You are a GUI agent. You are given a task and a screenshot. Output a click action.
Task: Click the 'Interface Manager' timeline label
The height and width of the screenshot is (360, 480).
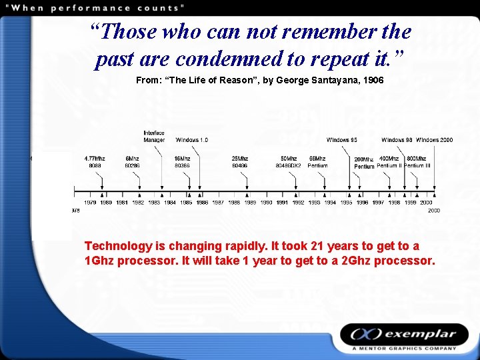pos(154,136)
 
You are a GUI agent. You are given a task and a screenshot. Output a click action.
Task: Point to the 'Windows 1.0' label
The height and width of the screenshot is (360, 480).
pos(192,140)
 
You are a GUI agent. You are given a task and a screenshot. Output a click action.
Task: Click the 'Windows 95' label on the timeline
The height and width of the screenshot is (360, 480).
pos(342,140)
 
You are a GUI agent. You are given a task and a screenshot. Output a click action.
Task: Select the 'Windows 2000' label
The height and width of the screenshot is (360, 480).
pos(435,140)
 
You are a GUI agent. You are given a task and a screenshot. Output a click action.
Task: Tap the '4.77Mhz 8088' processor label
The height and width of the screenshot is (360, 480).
pos(95,162)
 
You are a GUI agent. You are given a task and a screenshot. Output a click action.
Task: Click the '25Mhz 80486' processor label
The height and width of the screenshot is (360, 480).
pos(240,162)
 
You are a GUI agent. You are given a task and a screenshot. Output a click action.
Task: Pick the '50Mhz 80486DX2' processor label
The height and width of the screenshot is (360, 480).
pos(289,162)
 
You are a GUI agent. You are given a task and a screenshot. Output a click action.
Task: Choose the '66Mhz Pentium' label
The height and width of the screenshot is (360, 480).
pos(317,162)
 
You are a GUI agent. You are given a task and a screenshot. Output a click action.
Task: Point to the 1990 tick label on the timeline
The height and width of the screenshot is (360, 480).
pos(266,202)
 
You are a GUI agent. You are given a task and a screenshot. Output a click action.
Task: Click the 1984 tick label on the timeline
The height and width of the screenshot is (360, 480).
pos(170,202)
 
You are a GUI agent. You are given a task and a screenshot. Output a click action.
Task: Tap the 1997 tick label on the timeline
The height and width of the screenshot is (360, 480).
pos(378,202)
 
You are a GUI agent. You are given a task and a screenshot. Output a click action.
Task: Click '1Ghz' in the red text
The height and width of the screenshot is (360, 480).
pos(99,261)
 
